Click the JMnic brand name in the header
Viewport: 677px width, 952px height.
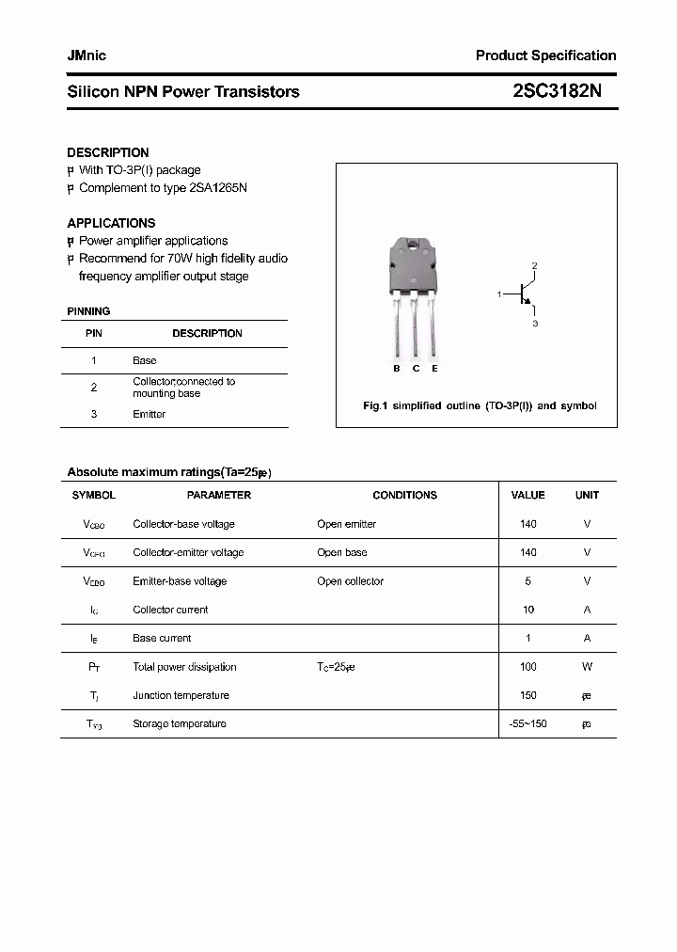pos(87,56)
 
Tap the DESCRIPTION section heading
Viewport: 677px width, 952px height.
pos(107,152)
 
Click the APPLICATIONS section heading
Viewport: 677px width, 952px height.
pos(111,223)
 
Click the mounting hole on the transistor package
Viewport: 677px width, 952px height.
pos(415,249)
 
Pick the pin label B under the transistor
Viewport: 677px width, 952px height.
pos(397,369)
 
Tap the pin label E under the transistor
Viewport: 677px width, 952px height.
pos(434,369)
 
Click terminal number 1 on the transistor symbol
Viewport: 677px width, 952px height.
pos(499,295)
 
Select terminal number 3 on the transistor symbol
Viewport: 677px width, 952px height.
pos(535,324)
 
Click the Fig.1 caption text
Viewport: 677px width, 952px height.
pos(480,406)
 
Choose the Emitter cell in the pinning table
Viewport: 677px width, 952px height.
pos(149,414)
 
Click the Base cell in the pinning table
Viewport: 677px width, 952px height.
pos(144,360)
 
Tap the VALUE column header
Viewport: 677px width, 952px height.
pos(527,495)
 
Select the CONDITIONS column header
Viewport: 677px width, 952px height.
pos(404,495)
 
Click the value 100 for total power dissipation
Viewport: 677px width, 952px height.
pos(527,667)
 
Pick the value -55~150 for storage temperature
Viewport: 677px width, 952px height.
pos(527,724)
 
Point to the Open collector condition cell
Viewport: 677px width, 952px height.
pos(350,581)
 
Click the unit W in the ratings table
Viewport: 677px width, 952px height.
pos(587,667)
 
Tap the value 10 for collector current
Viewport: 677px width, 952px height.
pos(527,610)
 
